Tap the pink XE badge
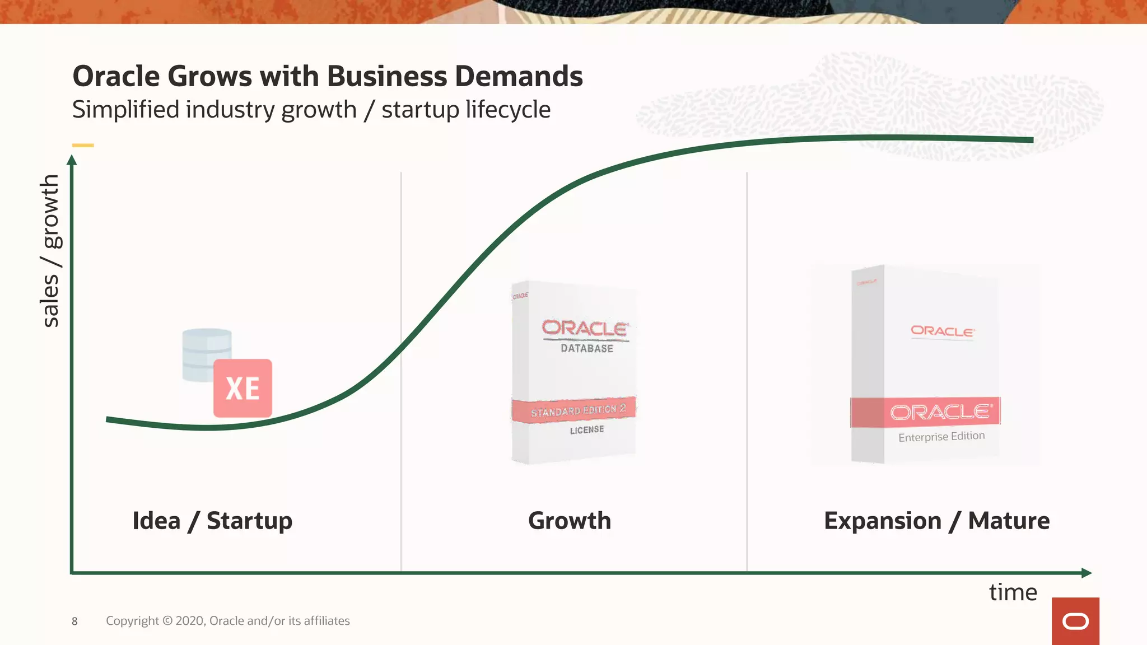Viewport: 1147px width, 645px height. pos(243,388)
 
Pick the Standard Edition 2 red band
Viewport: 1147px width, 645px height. pos(575,410)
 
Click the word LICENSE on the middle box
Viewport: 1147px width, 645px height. pos(586,430)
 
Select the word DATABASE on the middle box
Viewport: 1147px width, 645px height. pos(587,348)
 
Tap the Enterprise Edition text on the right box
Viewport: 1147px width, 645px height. pos(941,437)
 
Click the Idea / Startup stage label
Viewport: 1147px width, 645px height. pos(212,521)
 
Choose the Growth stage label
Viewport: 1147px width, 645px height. pos(570,521)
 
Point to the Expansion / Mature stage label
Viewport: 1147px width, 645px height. pos(936,521)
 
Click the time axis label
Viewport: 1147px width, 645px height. pos(1013,592)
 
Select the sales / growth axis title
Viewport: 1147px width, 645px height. pos(50,250)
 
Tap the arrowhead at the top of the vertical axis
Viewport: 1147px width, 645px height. pos(72,160)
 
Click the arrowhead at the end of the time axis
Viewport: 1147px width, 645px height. pos(1087,573)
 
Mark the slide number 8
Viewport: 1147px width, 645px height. pos(74,621)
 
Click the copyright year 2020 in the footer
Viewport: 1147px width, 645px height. pos(190,621)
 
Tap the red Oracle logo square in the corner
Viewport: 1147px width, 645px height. pos(1075,621)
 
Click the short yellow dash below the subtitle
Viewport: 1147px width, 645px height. pos(83,146)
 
